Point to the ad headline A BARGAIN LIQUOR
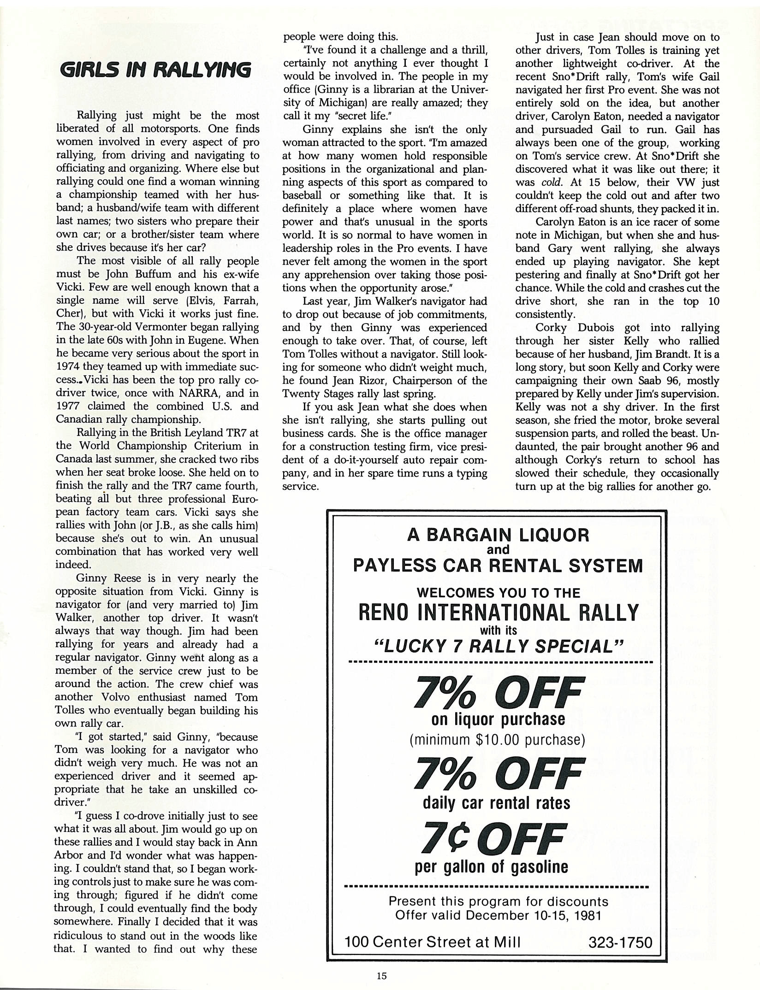coord(498,535)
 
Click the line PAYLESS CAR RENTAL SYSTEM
coord(498,565)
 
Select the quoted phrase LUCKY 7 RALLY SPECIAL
coord(498,646)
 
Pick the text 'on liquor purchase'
coord(498,719)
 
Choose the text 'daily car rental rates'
coord(496,803)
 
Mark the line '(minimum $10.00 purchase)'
coord(497,740)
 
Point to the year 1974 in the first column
coord(68,367)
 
